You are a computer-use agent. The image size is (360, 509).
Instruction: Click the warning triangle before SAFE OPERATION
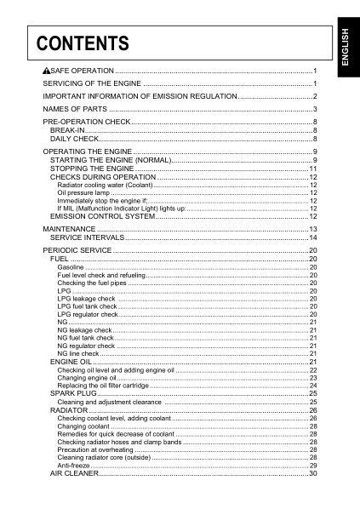tap(46, 70)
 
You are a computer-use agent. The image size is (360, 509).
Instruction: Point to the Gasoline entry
tap(71, 267)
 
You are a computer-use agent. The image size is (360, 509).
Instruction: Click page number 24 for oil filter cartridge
tap(312, 386)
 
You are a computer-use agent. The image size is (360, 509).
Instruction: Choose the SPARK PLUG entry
tap(74, 394)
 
